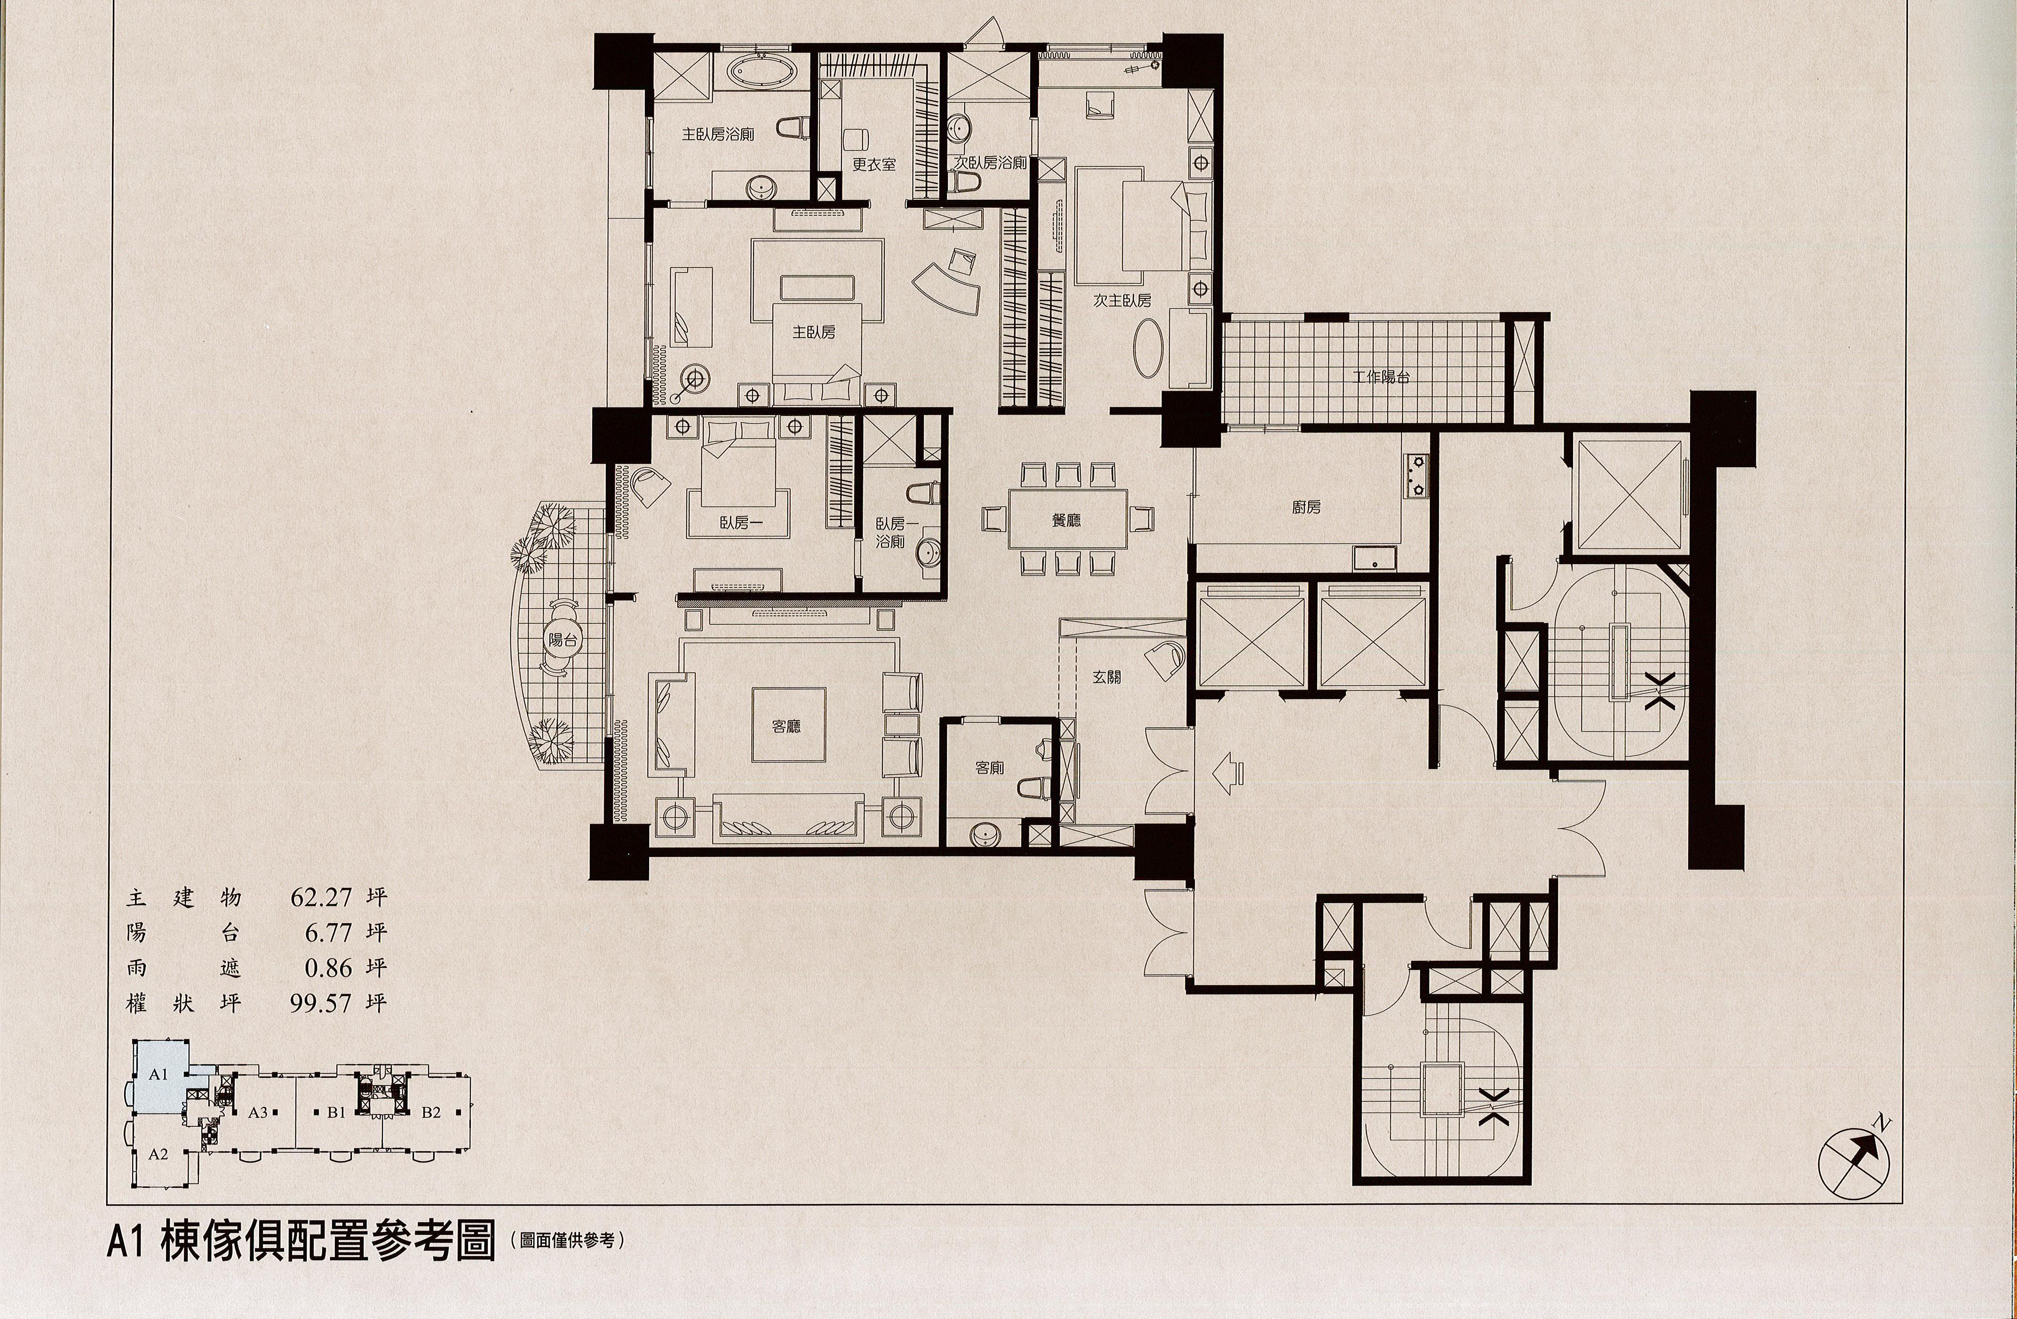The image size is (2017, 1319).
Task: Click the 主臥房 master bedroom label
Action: (x=814, y=332)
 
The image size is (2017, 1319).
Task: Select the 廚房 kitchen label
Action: (x=1306, y=508)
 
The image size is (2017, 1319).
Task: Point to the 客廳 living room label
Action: (x=786, y=726)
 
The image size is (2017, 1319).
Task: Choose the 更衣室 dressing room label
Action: (x=874, y=165)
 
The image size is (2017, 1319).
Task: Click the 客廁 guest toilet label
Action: (x=990, y=768)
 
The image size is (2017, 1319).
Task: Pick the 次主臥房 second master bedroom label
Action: (x=1122, y=300)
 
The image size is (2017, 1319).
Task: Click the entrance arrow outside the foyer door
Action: (x=1228, y=773)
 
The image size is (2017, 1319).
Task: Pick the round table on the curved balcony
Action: (x=562, y=640)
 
